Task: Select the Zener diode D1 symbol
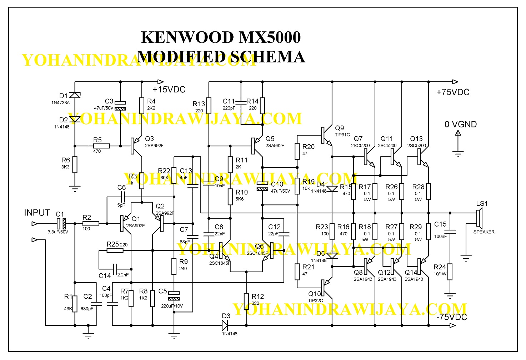click(x=75, y=95)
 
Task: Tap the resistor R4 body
click(x=142, y=106)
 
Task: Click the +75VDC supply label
click(x=453, y=92)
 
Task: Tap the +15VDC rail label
click(x=169, y=90)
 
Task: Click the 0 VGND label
click(x=461, y=125)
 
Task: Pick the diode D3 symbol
click(x=225, y=325)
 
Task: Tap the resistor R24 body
click(x=450, y=272)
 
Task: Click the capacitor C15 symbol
click(x=450, y=232)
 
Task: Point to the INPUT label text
click(x=37, y=213)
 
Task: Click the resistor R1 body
click(x=75, y=304)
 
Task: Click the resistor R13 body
click(x=209, y=105)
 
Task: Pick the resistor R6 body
click(x=75, y=164)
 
